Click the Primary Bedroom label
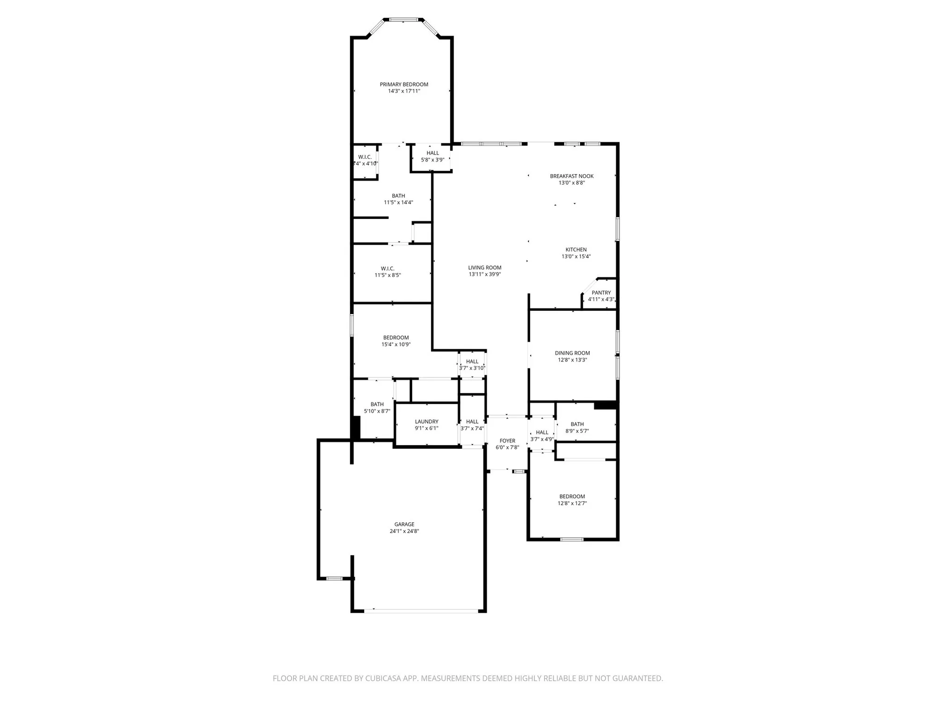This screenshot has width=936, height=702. click(404, 85)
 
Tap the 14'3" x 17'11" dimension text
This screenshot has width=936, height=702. click(404, 91)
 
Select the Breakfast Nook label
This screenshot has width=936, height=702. click(571, 176)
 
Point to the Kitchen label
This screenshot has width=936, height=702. click(576, 250)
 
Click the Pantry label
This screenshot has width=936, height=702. click(601, 293)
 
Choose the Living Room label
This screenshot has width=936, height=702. click(484, 268)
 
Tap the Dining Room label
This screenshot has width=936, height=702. click(572, 353)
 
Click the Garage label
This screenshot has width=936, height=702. click(404, 525)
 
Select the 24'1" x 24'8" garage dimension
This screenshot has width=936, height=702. click(404, 531)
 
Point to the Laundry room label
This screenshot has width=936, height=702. click(426, 422)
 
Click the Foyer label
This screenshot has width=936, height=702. click(507, 441)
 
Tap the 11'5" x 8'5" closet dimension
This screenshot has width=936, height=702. click(388, 275)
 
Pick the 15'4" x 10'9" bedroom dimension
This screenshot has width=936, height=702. click(396, 344)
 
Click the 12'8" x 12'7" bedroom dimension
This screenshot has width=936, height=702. click(572, 504)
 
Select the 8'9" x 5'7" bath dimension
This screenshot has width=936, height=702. click(577, 431)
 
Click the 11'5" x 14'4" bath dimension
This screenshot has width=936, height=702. click(398, 203)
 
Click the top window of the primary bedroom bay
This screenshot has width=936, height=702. click(403, 20)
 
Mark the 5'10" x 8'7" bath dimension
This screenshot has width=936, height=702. click(377, 411)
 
